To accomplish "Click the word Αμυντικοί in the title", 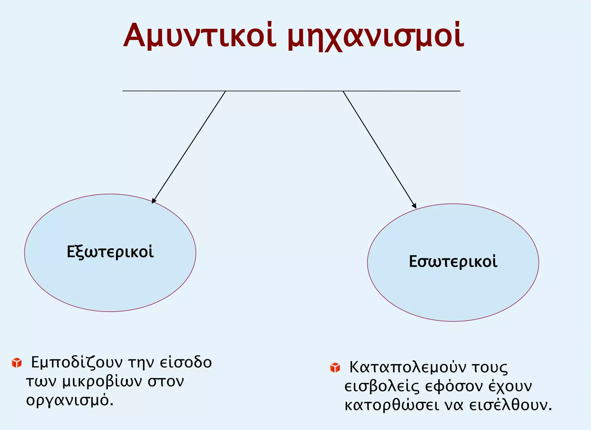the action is [200, 35].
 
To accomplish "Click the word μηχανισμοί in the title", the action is [376, 36].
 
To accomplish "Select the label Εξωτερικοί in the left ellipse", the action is [110, 252].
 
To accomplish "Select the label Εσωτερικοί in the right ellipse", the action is [453, 261].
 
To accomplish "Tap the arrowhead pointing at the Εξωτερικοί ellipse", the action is [154, 200].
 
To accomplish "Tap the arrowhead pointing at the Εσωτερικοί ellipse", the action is [414, 205].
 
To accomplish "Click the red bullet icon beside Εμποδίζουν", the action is [17, 363].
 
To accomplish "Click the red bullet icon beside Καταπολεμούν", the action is [335, 367].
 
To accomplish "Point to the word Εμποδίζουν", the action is [77, 363].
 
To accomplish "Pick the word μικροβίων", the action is [102, 382].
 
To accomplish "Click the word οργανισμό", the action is [70, 400].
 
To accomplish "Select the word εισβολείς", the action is [382, 386].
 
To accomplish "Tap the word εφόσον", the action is [454, 386].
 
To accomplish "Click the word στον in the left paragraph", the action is [166, 382].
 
